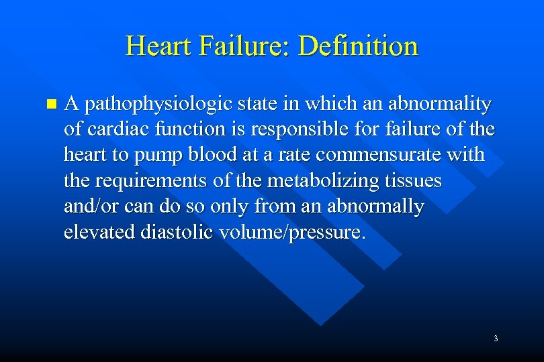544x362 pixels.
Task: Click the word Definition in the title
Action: pyautogui.click(x=358, y=46)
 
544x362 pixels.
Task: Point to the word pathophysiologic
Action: pyautogui.click(x=159, y=105)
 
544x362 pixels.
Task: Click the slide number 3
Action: pyautogui.click(x=496, y=339)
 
